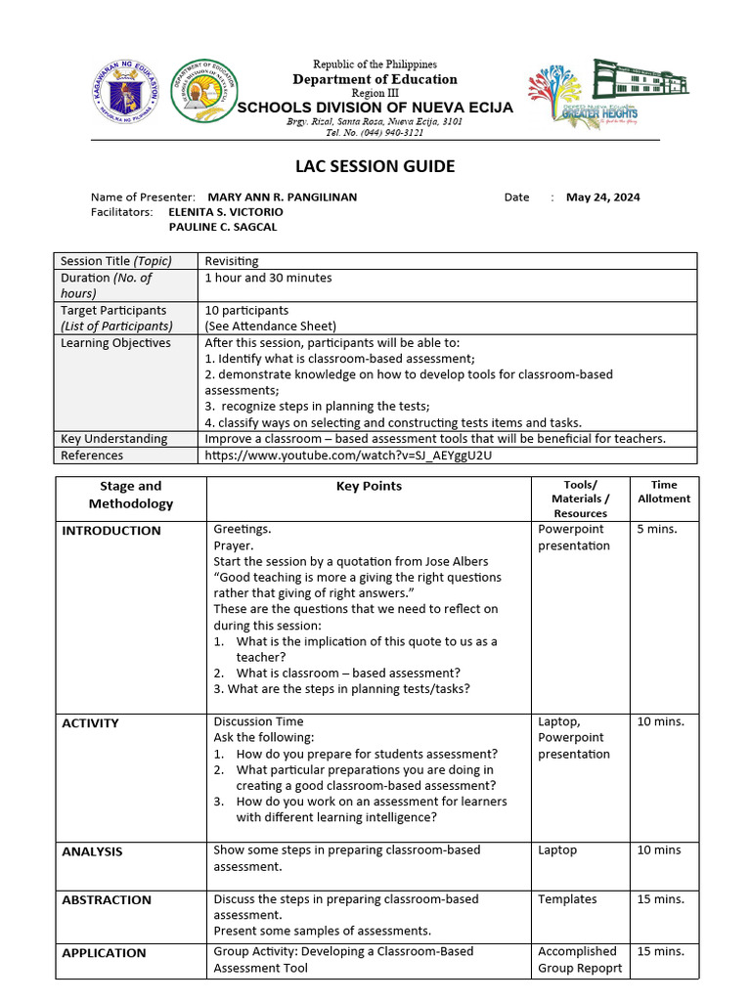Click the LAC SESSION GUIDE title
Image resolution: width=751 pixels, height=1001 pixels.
click(x=375, y=166)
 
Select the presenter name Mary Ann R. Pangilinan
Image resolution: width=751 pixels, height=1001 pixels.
click(x=283, y=196)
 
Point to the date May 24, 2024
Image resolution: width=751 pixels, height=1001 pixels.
click(x=603, y=196)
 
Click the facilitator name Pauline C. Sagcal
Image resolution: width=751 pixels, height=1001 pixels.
click(x=223, y=227)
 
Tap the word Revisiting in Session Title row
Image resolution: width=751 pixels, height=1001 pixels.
click(x=232, y=261)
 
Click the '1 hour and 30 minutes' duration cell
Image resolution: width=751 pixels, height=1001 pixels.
click(x=268, y=278)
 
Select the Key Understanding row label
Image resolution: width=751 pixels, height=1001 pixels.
click(x=113, y=439)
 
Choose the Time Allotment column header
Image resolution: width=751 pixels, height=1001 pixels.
click(x=664, y=492)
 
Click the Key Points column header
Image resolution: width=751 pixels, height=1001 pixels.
click(x=369, y=486)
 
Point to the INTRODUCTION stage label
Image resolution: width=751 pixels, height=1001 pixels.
click(x=111, y=531)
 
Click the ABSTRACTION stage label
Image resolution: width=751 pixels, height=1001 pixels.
click(x=107, y=900)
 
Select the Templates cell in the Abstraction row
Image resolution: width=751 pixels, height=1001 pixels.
click(x=567, y=899)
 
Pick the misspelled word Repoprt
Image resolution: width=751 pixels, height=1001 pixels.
click(x=599, y=968)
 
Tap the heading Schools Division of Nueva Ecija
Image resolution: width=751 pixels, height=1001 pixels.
click(x=375, y=108)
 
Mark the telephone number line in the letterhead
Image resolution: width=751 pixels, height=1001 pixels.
click(x=375, y=133)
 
